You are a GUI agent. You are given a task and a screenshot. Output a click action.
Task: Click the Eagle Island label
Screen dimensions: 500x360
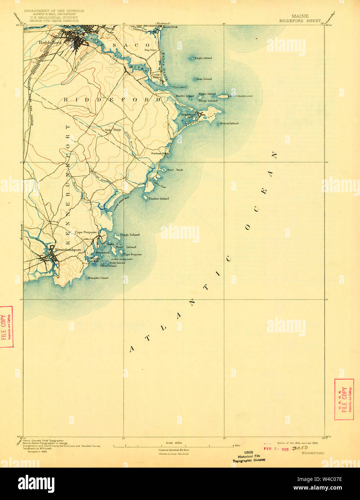(x=203, y=58)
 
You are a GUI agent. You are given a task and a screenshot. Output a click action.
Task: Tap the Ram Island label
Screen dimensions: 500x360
(x=204, y=79)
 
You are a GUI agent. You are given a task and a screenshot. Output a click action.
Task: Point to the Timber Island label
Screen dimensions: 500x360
(x=158, y=199)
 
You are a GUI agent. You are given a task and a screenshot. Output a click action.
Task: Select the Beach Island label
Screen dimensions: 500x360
(x=229, y=123)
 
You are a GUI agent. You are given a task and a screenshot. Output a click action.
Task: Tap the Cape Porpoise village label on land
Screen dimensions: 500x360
(x=86, y=232)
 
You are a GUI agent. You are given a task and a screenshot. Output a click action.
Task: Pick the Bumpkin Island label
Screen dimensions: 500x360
(x=98, y=278)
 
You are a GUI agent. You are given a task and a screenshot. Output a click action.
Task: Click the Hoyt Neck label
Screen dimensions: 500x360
(x=175, y=170)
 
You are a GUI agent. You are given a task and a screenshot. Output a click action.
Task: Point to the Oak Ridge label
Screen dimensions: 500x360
(x=113, y=129)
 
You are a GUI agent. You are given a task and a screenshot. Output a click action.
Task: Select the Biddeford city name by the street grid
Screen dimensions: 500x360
(x=51, y=42)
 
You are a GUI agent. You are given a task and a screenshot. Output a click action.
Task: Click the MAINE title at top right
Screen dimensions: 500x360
(x=300, y=16)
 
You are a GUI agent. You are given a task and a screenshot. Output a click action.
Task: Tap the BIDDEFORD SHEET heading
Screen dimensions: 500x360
(x=300, y=21)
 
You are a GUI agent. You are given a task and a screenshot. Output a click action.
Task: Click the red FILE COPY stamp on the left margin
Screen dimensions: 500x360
(x=6, y=327)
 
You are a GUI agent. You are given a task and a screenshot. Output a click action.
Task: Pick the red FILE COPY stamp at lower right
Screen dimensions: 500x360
(x=344, y=399)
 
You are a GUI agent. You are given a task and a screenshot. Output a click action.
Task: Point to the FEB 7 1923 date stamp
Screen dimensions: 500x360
(x=276, y=449)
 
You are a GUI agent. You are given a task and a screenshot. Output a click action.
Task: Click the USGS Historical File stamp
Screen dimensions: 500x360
(x=249, y=456)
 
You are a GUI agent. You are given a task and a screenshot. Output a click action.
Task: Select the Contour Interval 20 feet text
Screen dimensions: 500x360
(x=174, y=450)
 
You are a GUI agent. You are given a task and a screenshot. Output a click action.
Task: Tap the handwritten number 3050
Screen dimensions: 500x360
(x=300, y=448)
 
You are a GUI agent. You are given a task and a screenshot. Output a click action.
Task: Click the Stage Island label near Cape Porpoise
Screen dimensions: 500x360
(x=130, y=235)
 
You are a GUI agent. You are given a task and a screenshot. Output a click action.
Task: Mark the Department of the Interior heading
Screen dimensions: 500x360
(x=54, y=11)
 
